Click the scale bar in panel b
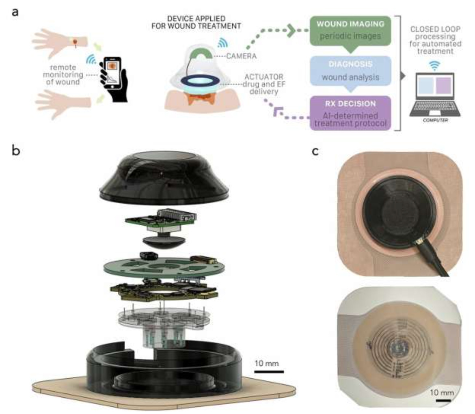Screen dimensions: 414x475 click(269, 371)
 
